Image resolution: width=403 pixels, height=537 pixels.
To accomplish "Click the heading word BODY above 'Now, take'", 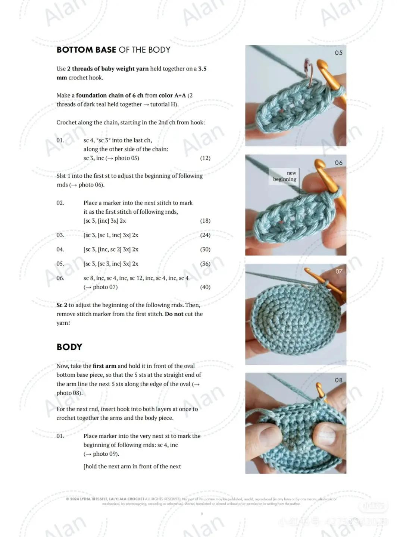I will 69,347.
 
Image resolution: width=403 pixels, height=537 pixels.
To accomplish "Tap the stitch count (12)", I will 205,158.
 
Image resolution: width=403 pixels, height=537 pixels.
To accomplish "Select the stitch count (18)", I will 205,221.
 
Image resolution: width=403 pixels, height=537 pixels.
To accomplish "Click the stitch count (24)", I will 205,235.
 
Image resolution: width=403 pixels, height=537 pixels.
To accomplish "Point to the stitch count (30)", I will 205,249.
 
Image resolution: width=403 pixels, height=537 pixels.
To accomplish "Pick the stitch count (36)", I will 205,264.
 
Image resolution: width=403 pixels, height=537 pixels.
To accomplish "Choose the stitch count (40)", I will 205,287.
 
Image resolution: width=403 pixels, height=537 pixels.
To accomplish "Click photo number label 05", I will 338,53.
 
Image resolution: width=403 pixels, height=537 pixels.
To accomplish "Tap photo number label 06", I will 338,163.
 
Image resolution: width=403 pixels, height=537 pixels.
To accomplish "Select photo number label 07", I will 338,271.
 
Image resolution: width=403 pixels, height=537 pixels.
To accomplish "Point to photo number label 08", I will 338,380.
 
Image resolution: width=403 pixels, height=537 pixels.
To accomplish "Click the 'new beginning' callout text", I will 285,176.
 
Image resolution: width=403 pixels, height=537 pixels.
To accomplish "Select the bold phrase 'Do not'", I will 174,314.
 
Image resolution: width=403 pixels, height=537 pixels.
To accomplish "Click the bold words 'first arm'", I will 104,366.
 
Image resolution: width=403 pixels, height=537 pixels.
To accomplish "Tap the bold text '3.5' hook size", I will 202,69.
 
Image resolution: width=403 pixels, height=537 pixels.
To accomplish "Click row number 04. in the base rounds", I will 60,249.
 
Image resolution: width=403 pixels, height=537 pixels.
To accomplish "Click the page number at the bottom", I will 202,514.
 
